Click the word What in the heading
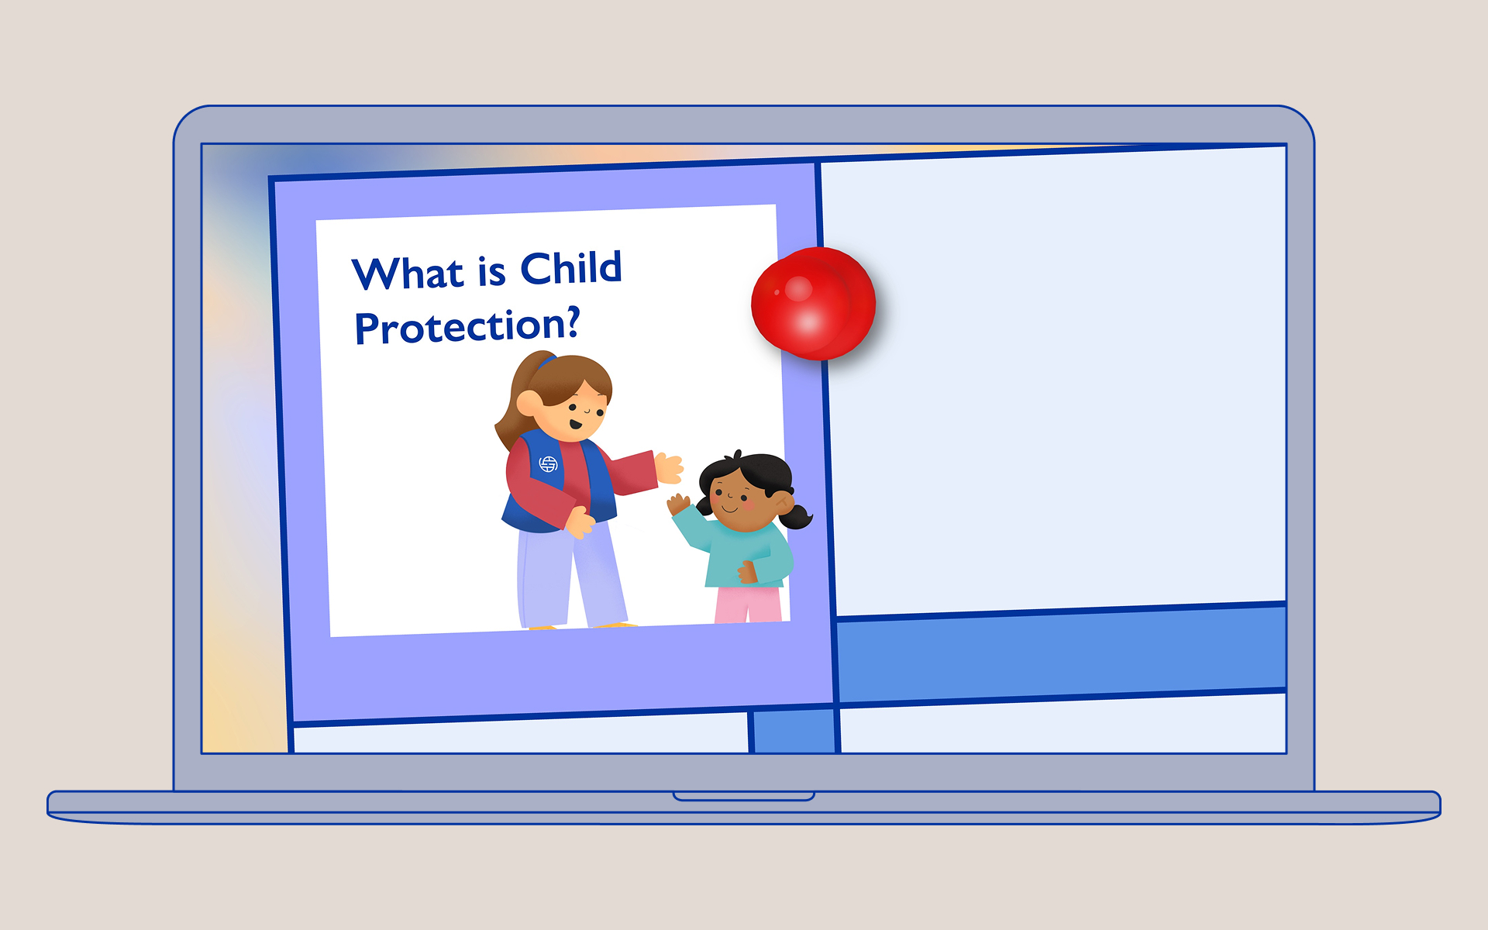click(x=408, y=274)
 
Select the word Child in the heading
click(x=571, y=267)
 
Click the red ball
click(x=814, y=303)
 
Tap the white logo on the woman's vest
click(x=549, y=464)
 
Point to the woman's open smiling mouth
click(x=576, y=424)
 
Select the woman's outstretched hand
click(x=668, y=468)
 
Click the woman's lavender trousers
click(x=570, y=573)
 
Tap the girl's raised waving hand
click(x=678, y=504)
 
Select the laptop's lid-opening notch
click(x=744, y=796)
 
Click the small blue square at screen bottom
click(x=794, y=731)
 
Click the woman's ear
click(x=529, y=404)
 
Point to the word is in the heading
click(x=491, y=270)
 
